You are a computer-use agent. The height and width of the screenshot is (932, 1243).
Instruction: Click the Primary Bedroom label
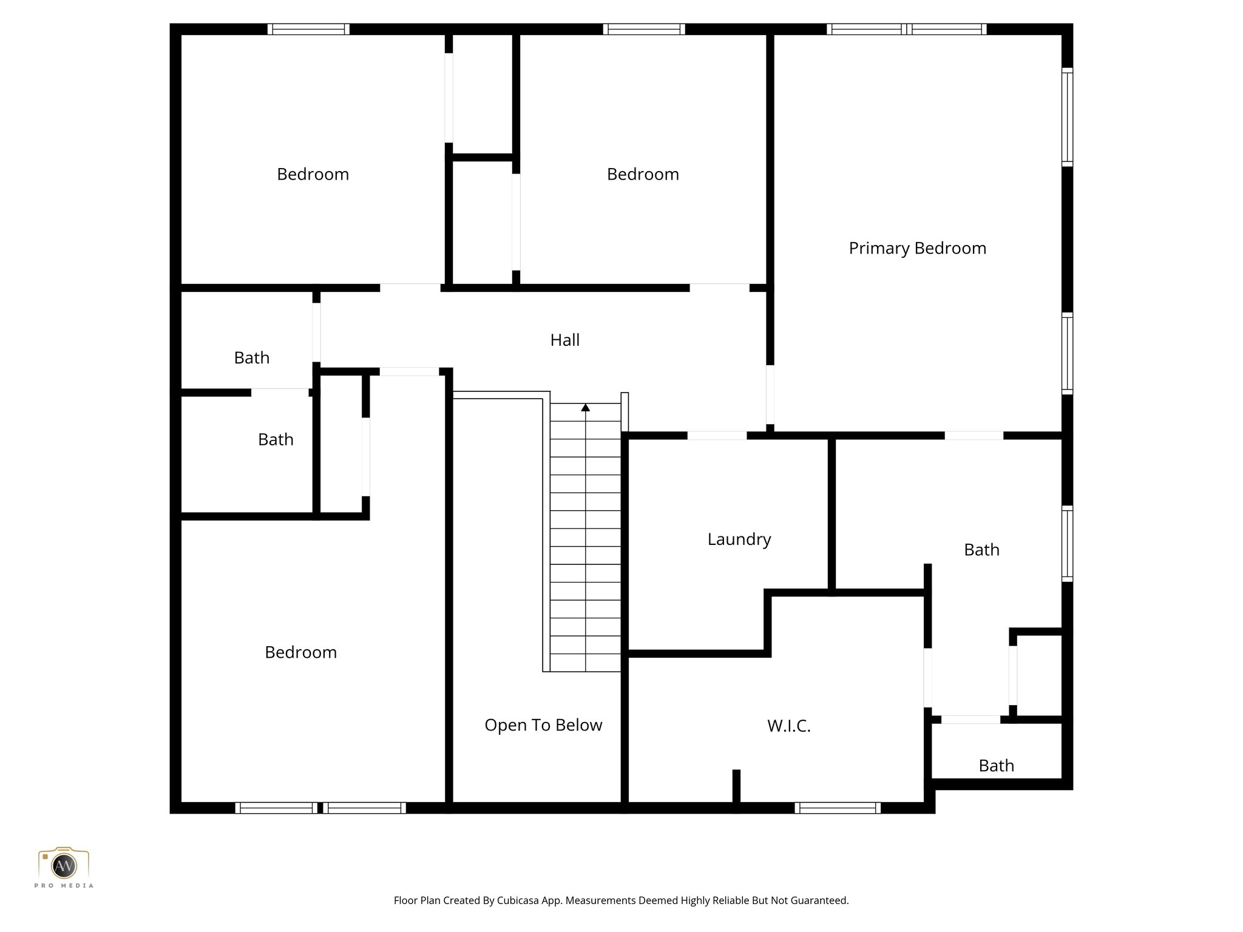(917, 248)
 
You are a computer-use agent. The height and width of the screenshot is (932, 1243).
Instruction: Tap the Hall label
(564, 340)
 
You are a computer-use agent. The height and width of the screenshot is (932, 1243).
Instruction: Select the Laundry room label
(739, 539)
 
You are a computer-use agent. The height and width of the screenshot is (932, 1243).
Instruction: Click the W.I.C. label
(788, 726)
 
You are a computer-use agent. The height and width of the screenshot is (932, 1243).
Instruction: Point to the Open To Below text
(543, 725)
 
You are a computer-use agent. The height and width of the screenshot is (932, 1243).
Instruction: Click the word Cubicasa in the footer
(519, 900)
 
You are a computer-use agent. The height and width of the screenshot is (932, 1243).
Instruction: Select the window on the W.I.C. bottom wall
(837, 808)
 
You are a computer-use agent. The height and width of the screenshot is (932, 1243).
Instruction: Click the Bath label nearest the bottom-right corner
(996, 766)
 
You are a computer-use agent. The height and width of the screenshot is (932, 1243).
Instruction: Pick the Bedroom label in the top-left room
(313, 175)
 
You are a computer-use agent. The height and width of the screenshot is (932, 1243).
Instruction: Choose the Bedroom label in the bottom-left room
(300, 652)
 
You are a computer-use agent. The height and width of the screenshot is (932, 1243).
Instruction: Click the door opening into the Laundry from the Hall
(717, 436)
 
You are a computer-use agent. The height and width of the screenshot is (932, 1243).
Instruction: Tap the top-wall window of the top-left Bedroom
(308, 29)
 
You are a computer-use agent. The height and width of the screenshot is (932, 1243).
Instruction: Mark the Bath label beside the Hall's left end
(251, 358)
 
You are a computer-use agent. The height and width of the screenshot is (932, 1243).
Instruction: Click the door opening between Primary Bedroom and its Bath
(974, 436)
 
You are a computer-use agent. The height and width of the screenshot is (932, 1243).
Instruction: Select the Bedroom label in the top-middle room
(643, 175)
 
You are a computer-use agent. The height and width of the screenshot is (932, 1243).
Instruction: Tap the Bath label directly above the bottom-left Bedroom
(276, 439)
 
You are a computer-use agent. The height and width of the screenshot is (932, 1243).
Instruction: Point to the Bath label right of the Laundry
(981, 550)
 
